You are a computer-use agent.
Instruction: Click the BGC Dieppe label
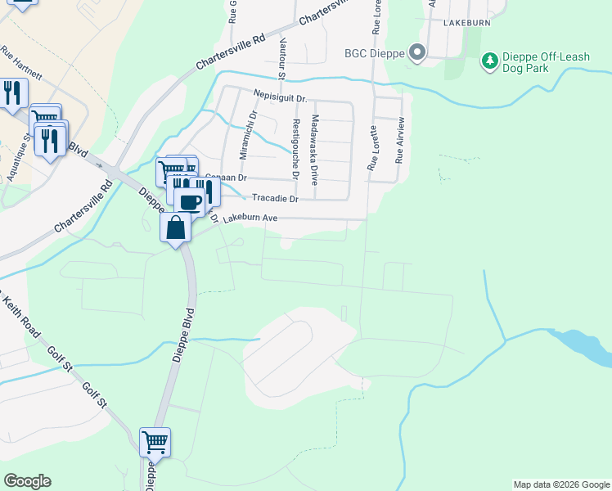pos(374,56)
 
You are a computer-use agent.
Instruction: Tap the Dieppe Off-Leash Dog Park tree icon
pos(489,60)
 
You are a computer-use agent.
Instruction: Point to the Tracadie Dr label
pos(275,198)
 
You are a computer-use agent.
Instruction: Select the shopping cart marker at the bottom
pos(155,443)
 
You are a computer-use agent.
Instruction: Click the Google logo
pos(27,481)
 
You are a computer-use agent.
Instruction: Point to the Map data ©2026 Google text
pos(561,484)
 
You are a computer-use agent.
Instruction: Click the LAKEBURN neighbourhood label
pos(466,23)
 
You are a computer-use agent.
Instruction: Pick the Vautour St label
pos(282,58)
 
